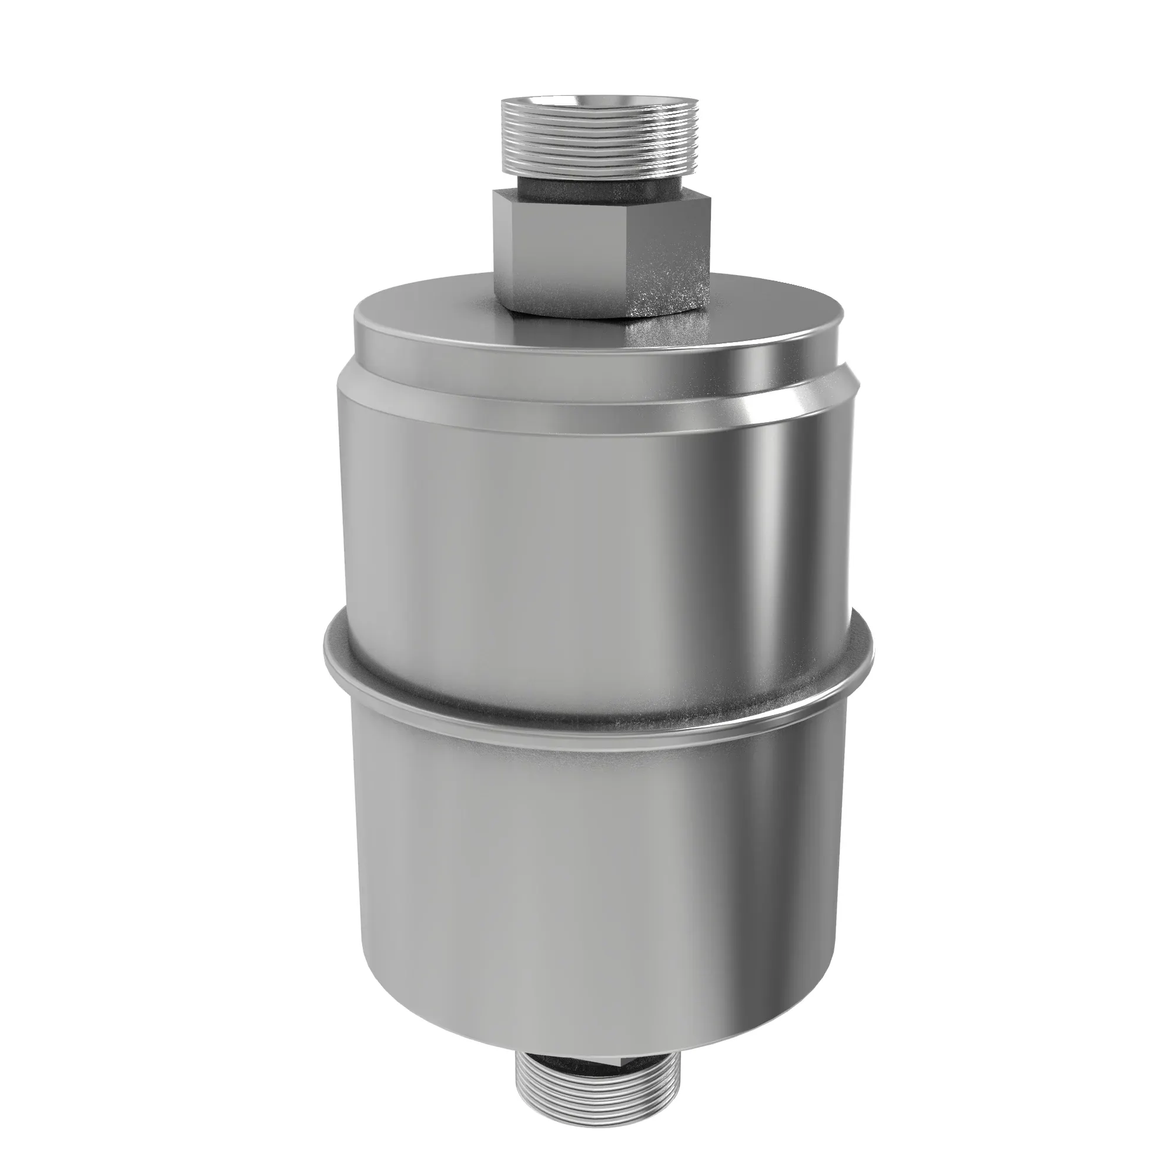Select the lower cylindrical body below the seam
click(x=548, y=883)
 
